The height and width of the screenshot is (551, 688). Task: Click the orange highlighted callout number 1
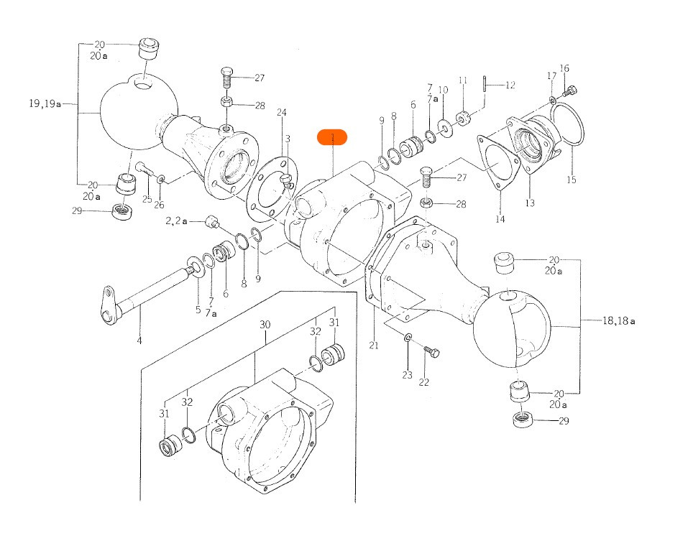(x=332, y=137)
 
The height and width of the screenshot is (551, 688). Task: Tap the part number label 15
(x=571, y=180)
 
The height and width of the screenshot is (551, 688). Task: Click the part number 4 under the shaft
(x=139, y=341)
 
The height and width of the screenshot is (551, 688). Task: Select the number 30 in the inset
(x=265, y=325)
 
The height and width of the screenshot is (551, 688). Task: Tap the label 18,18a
(x=618, y=321)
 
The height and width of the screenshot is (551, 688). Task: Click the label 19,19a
(x=45, y=103)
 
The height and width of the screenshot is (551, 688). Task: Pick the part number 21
(x=374, y=346)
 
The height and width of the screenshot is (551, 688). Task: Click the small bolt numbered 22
(x=431, y=352)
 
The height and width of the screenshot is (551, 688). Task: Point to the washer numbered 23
(x=408, y=338)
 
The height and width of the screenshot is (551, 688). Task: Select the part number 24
(x=282, y=113)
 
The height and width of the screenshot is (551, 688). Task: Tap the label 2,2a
(x=176, y=221)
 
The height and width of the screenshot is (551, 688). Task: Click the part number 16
(x=564, y=69)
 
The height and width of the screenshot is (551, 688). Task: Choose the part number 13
(x=530, y=203)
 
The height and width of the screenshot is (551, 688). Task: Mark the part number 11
(x=463, y=80)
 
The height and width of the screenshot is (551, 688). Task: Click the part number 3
(x=287, y=139)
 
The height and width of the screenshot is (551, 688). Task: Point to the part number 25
(x=147, y=199)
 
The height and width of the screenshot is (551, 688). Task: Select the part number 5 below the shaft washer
(x=198, y=310)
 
